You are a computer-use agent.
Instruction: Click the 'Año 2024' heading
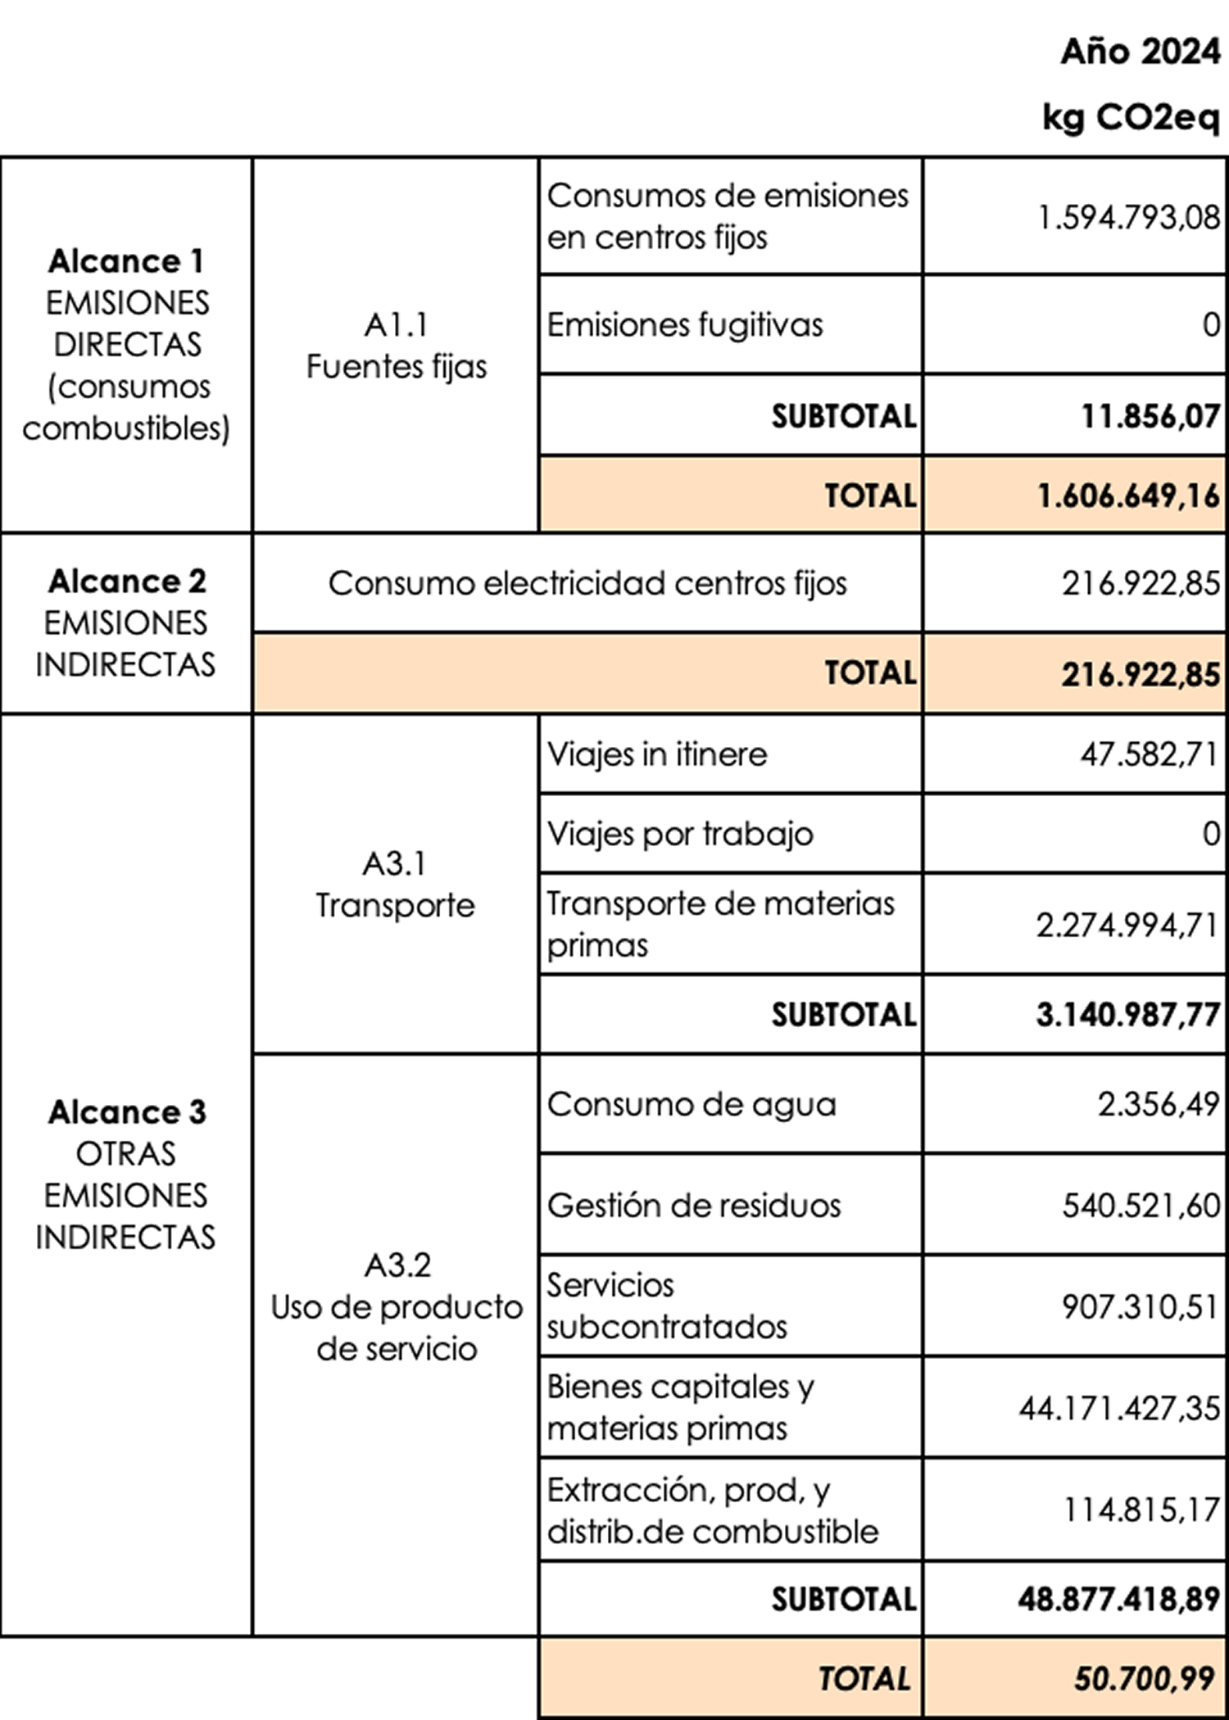click(x=1140, y=52)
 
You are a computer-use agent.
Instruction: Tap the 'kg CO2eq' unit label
click(x=1131, y=117)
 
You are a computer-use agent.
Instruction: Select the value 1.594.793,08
click(x=1129, y=218)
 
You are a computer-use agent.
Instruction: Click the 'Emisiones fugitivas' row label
click(x=685, y=325)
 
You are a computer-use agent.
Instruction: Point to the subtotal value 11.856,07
click(x=1150, y=416)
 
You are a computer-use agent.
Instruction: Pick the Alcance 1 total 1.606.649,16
click(x=1128, y=496)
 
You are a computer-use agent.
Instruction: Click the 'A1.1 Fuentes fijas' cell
click(x=397, y=346)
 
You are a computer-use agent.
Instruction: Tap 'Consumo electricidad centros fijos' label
click(x=587, y=584)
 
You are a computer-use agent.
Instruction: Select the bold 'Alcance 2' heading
click(x=127, y=582)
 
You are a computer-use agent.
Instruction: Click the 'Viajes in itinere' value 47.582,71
click(x=1149, y=754)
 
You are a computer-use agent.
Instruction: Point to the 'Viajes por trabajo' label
click(x=680, y=835)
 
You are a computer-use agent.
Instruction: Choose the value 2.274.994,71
click(x=1127, y=926)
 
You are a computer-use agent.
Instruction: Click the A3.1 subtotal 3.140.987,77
click(x=1127, y=1015)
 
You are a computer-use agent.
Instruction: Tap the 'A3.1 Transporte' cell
click(x=395, y=885)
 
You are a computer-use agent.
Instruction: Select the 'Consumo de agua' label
click(x=692, y=1105)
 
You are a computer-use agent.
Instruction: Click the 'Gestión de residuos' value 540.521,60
click(x=1141, y=1206)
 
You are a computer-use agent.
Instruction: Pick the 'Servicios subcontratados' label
click(x=667, y=1306)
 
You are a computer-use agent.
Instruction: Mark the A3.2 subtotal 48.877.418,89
click(x=1119, y=1599)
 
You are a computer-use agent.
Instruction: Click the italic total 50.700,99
click(x=1144, y=1679)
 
